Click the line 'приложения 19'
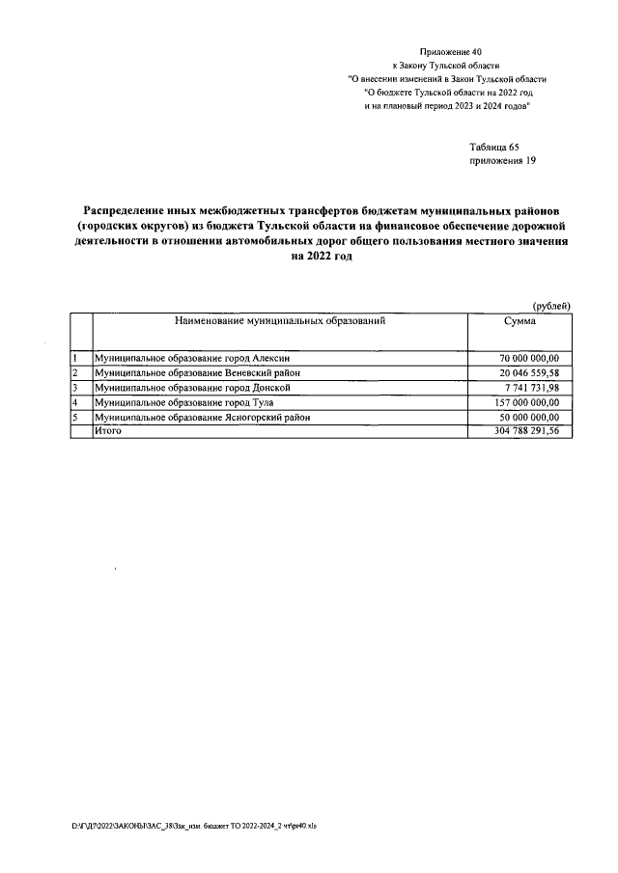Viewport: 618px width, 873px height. point(502,162)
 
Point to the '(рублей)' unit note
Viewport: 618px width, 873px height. point(552,306)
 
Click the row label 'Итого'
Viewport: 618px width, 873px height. point(107,431)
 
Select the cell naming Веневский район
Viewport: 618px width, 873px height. point(197,372)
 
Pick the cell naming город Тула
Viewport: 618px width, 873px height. point(179,402)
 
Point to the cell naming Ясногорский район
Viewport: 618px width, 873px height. point(202,417)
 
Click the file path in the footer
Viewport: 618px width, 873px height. point(208,828)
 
